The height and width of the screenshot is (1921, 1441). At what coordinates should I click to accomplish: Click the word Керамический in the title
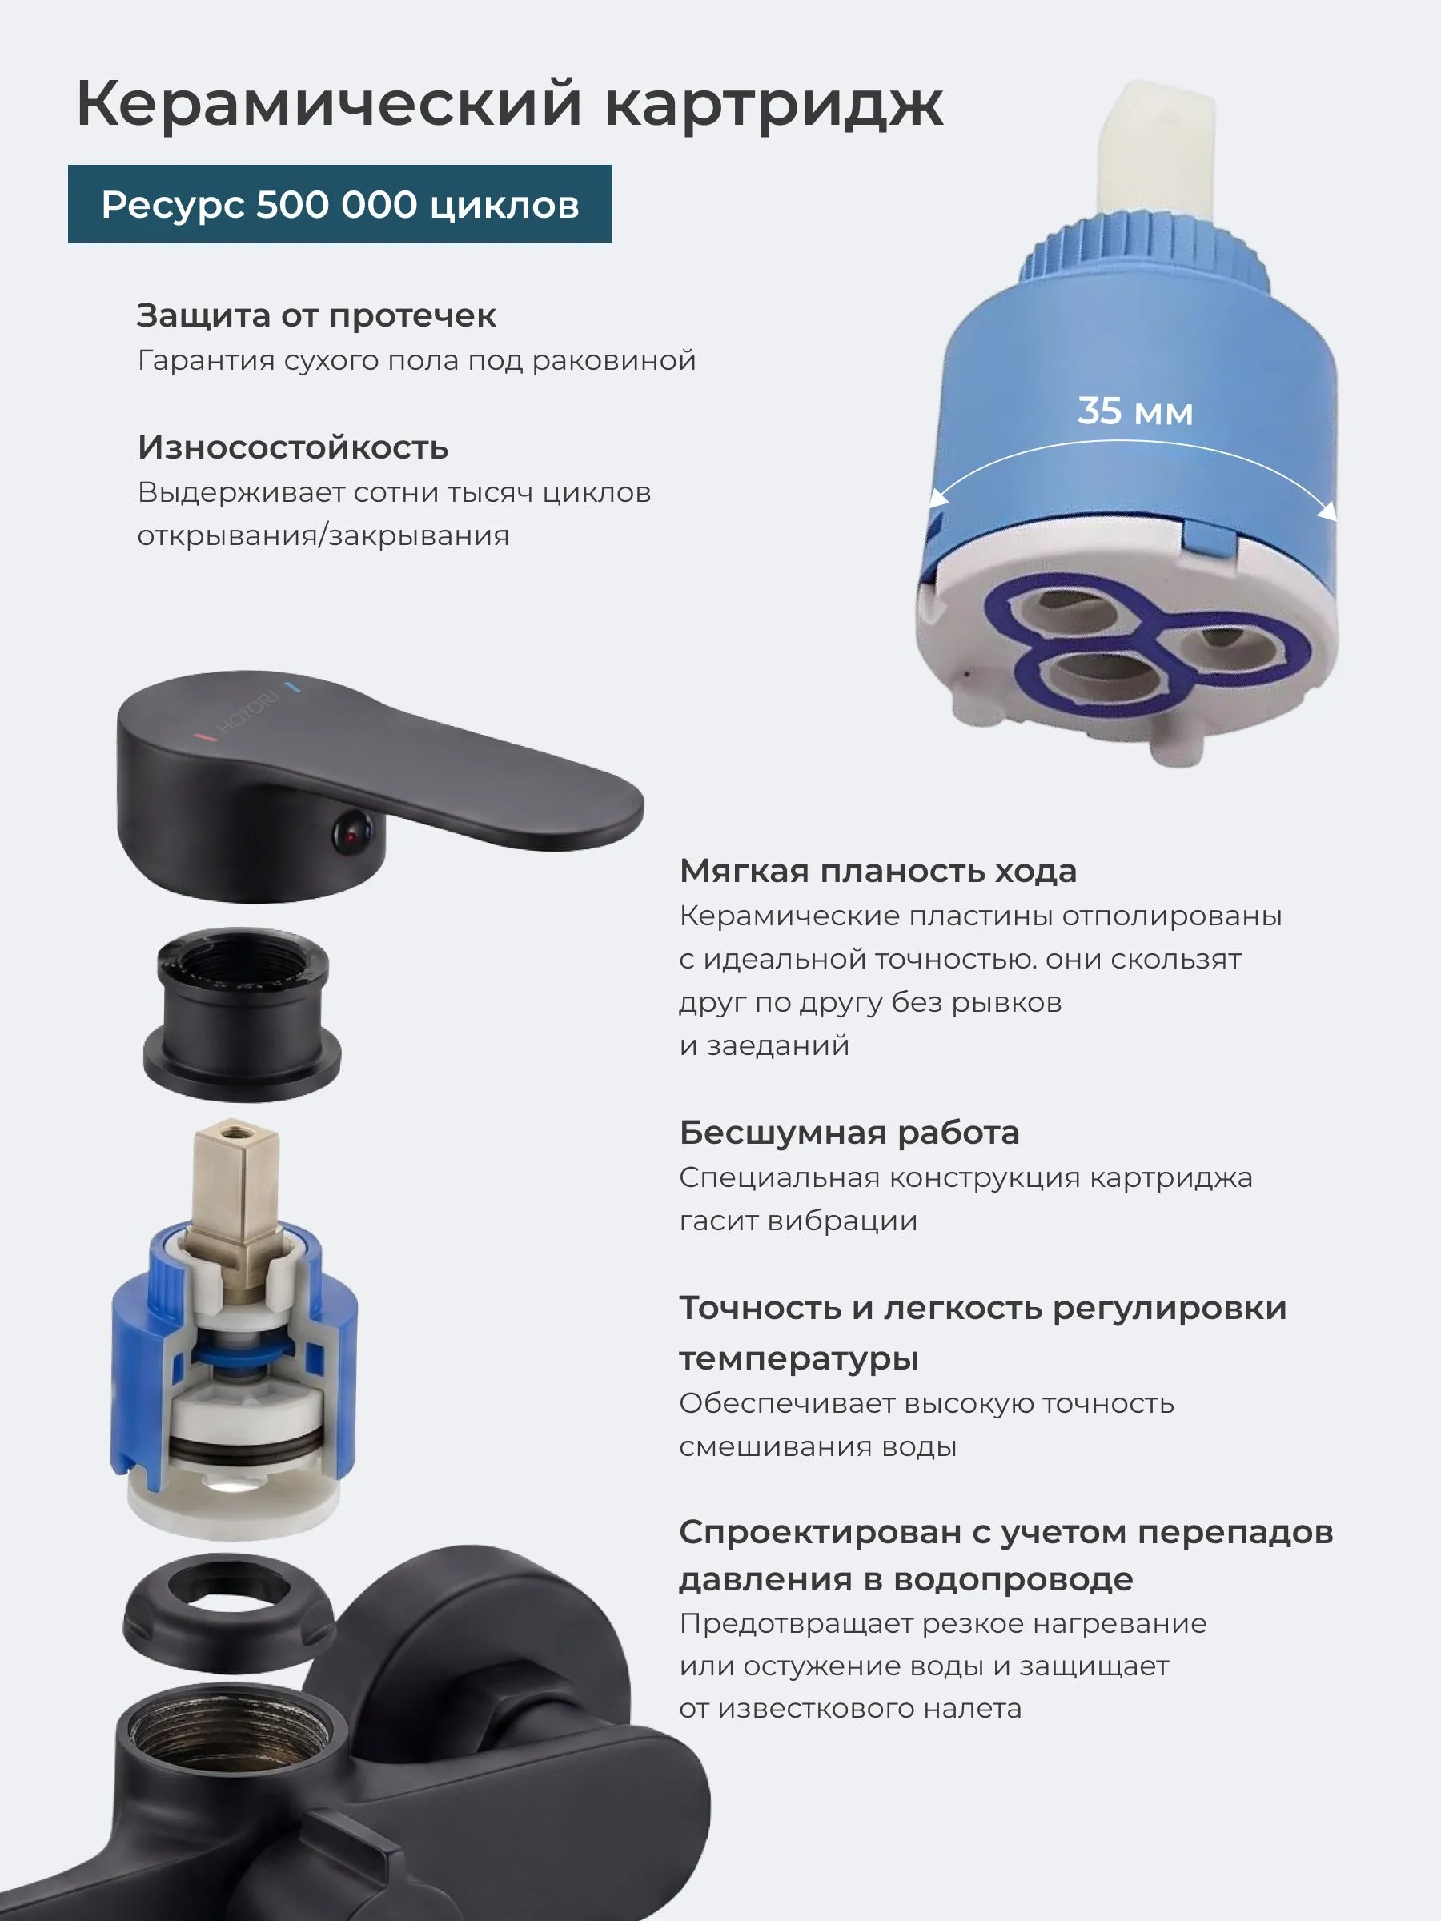[328, 104]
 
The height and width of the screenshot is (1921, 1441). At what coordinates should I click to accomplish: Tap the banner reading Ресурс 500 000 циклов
[339, 204]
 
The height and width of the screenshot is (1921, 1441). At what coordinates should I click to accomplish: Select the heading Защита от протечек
[316, 316]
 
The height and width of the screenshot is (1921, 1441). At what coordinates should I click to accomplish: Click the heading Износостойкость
[293, 447]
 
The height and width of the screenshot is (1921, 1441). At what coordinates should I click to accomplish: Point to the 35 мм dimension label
[1135, 411]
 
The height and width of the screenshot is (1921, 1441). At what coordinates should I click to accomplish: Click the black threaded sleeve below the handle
[242, 1014]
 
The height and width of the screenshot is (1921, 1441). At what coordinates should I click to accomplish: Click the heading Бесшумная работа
[849, 1133]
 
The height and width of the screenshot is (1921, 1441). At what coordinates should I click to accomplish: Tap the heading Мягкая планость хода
[878, 871]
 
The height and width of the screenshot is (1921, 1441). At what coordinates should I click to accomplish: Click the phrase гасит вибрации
[798, 1221]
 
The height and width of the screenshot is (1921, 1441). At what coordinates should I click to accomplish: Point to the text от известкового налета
[850, 1709]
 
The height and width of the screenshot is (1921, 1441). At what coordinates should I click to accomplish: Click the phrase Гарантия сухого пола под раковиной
[417, 360]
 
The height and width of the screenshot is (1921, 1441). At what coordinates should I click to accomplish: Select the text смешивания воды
[818, 1447]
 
